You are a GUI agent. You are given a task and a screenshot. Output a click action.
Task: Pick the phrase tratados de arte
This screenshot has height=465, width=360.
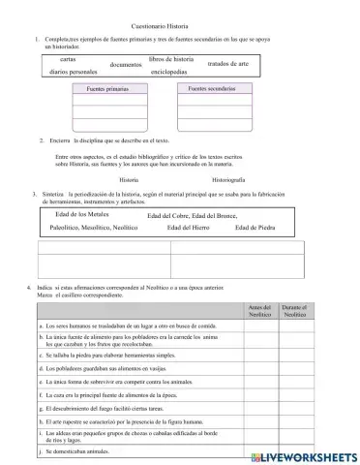[228, 64]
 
